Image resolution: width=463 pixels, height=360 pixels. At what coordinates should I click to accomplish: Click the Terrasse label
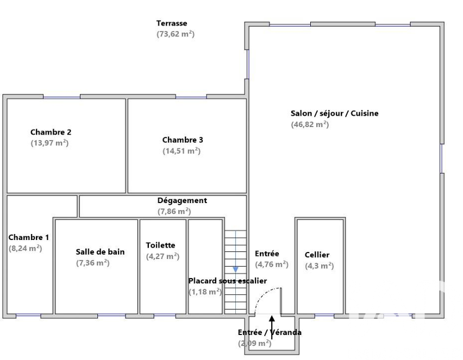pyautogui.click(x=172, y=23)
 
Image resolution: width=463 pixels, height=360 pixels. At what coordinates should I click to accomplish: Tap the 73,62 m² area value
pyautogui.click(x=176, y=34)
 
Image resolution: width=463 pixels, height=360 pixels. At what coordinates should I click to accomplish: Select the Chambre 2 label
pyautogui.click(x=51, y=132)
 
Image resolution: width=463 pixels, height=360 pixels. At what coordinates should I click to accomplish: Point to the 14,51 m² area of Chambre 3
pyautogui.click(x=182, y=151)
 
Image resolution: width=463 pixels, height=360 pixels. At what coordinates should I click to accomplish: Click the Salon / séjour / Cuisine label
pyautogui.click(x=335, y=113)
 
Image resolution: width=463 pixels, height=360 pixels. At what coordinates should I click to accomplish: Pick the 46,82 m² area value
pyautogui.click(x=310, y=124)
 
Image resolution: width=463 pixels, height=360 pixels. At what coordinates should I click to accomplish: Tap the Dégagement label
pyautogui.click(x=182, y=200)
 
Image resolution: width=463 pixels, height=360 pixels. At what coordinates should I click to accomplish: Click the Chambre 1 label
pyautogui.click(x=29, y=237)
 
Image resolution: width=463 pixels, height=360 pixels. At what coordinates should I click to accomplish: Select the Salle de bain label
pyautogui.click(x=100, y=252)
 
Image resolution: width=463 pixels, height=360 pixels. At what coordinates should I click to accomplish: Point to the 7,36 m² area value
pyautogui.click(x=93, y=263)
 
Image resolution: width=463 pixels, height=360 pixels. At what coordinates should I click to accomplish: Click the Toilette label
pyautogui.click(x=160, y=245)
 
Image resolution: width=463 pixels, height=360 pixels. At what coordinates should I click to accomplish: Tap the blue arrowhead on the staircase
pyautogui.click(x=235, y=270)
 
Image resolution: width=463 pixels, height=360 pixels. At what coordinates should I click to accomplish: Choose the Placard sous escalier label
pyautogui.click(x=228, y=281)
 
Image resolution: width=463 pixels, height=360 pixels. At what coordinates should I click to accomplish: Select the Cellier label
pyautogui.click(x=317, y=255)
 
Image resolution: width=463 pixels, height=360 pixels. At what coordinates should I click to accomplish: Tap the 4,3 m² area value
pyautogui.click(x=319, y=266)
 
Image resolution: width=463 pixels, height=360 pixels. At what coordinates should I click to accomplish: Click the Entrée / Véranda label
pyautogui.click(x=270, y=332)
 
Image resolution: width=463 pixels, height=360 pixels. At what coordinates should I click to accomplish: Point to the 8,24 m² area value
pyautogui.click(x=26, y=248)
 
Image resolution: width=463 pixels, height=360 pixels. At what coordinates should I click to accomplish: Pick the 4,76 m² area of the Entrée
pyautogui.click(x=272, y=264)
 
